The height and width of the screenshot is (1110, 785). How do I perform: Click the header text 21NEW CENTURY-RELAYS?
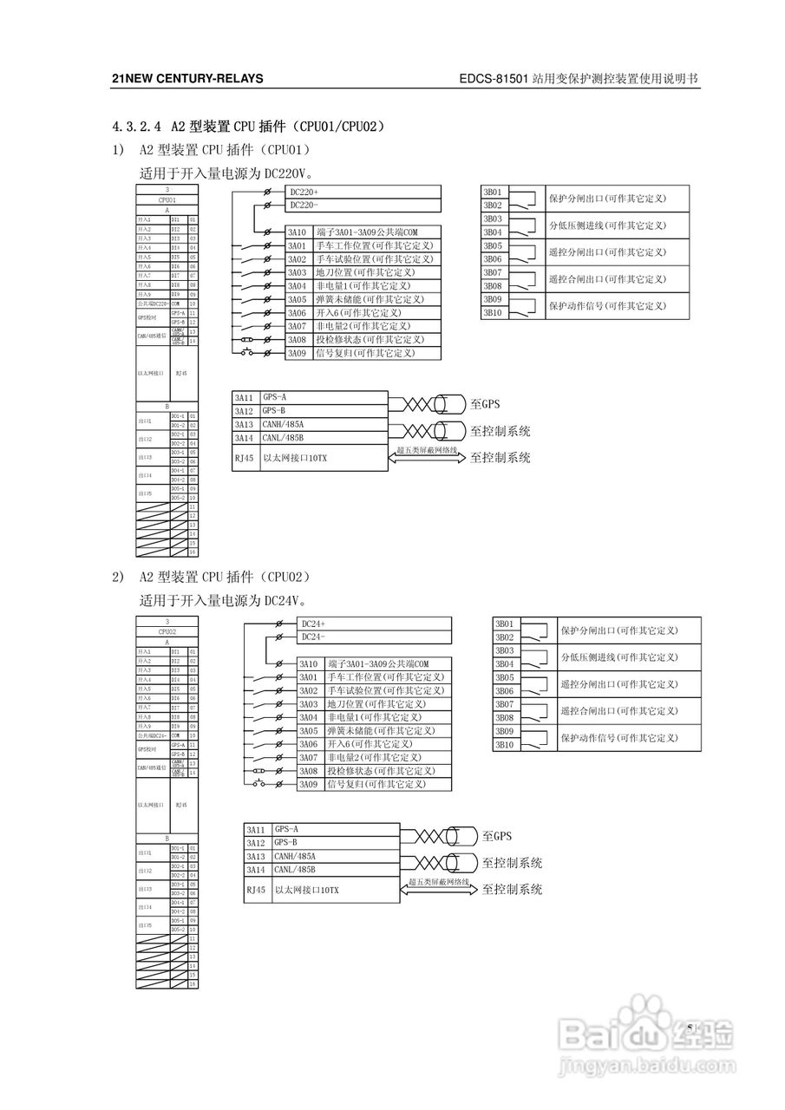tap(187, 79)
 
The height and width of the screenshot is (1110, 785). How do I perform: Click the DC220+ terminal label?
tap(304, 192)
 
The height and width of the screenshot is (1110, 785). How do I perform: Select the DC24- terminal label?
tap(313, 637)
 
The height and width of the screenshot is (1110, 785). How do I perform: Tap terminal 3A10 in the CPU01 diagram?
tap(298, 232)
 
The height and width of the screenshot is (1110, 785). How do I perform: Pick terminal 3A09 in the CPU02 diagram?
tap(309, 784)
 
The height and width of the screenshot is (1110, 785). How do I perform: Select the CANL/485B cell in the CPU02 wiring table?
tap(295, 869)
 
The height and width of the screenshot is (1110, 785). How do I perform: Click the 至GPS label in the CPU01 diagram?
tap(485, 403)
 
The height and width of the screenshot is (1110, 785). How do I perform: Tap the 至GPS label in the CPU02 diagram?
tap(497, 836)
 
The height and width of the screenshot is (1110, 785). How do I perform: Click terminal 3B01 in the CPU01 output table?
tap(493, 192)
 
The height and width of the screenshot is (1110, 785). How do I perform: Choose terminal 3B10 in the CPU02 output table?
tap(505, 744)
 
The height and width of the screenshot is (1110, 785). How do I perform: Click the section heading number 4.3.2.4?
tap(137, 127)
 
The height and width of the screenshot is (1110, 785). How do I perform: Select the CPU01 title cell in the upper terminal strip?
tap(167, 199)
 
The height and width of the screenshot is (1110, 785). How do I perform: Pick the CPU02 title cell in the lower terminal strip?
tap(167, 631)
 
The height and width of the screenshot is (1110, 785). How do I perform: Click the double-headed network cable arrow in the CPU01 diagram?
tap(428, 458)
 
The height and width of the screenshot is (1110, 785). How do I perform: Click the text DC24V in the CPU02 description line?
tap(285, 600)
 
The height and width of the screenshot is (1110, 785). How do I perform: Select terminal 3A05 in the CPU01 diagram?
tap(298, 299)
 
